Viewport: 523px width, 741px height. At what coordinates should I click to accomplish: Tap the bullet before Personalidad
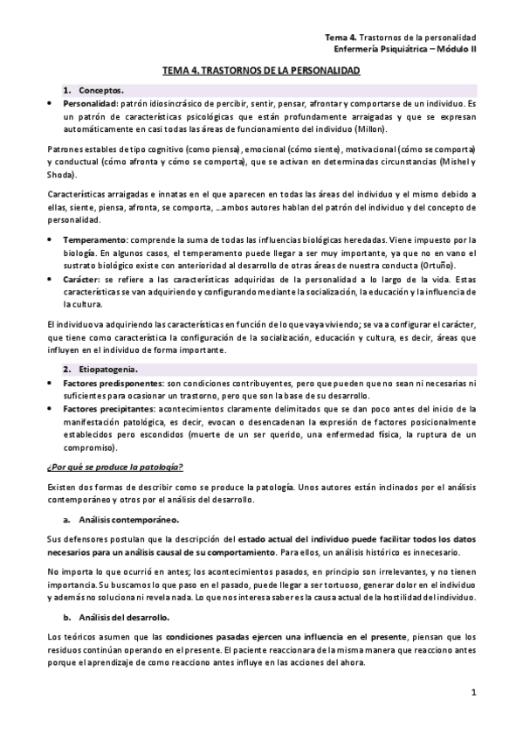coord(49,103)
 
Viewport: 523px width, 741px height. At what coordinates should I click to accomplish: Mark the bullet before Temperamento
coord(49,239)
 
